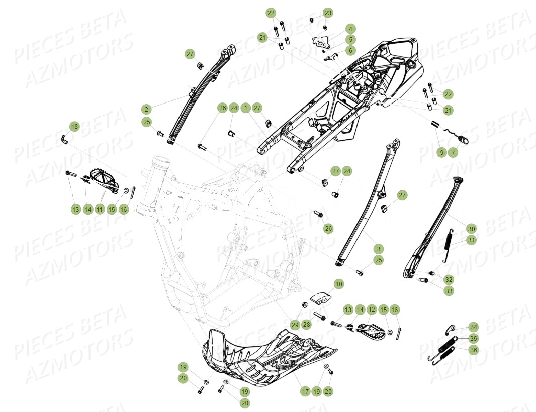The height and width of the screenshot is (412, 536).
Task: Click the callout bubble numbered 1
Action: pyautogui.click(x=245, y=108)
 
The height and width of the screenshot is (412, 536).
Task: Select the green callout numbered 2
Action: pyautogui.click(x=146, y=109)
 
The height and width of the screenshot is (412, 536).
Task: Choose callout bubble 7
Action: pyautogui.click(x=453, y=152)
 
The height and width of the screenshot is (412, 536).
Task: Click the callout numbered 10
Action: pyautogui.click(x=339, y=284)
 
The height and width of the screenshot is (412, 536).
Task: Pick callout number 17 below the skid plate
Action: pyautogui.click(x=305, y=391)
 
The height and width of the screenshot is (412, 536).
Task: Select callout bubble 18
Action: pyautogui.click(x=74, y=127)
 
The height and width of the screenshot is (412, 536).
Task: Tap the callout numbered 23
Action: pyautogui.click(x=328, y=12)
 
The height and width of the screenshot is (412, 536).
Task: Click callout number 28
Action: pyautogui.click(x=307, y=325)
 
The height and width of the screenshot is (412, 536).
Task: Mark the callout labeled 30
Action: pyautogui.click(x=471, y=229)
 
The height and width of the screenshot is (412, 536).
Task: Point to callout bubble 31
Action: pyautogui.click(x=471, y=240)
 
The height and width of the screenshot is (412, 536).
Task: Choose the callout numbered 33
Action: pyautogui.click(x=449, y=291)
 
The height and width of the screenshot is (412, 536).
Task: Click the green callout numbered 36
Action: pyautogui.click(x=474, y=350)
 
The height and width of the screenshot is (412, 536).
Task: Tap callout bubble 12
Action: pyautogui.click(x=372, y=310)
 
